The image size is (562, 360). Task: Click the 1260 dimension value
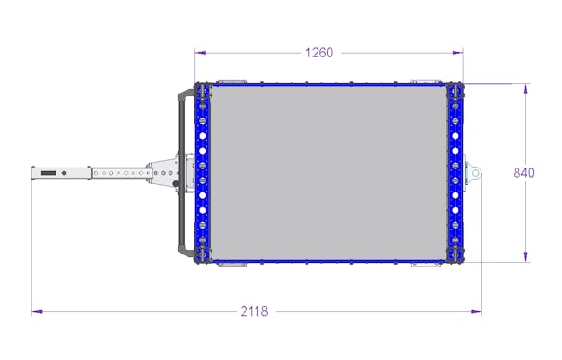click(x=319, y=53)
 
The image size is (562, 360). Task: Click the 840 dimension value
click(x=524, y=173)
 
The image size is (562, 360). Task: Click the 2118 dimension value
click(x=254, y=311)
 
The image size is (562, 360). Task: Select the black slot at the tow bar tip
click(x=48, y=173)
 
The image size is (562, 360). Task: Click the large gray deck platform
click(x=329, y=173)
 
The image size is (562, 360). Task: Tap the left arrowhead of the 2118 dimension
click(x=37, y=312)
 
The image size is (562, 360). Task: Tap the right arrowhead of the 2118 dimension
click(x=476, y=312)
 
